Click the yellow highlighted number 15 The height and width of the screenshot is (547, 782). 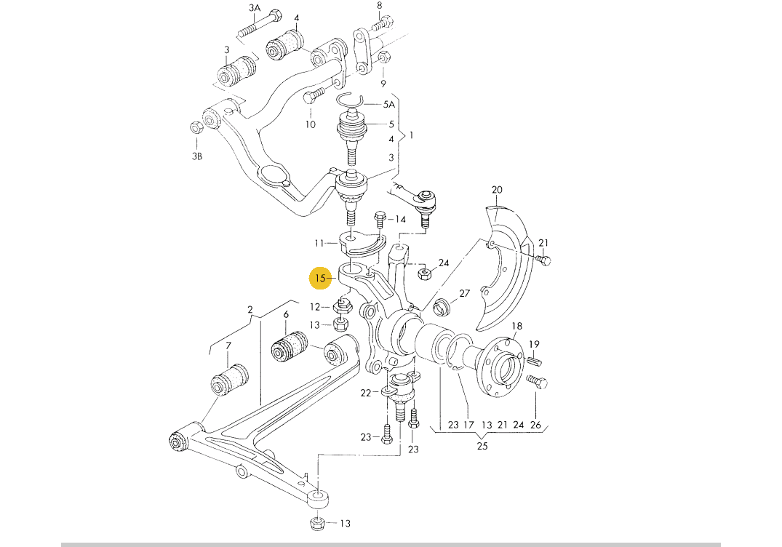[x=320, y=278]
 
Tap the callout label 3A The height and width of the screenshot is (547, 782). [x=255, y=8]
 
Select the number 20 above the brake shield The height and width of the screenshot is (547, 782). [x=497, y=191]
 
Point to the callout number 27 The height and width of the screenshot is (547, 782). [x=464, y=294]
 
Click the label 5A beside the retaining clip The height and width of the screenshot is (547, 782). [x=389, y=105]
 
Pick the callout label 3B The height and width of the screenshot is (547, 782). [x=197, y=156]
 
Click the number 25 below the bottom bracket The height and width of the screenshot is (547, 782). [x=482, y=446]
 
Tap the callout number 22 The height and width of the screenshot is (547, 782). [x=365, y=393]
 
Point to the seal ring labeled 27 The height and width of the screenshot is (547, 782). [x=441, y=308]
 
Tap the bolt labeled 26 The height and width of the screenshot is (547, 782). [x=535, y=382]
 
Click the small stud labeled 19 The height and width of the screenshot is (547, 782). [x=535, y=359]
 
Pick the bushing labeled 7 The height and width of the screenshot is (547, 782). [x=229, y=382]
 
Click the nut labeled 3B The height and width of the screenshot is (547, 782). [x=195, y=129]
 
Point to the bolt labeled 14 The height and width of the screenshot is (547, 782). [x=379, y=217]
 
